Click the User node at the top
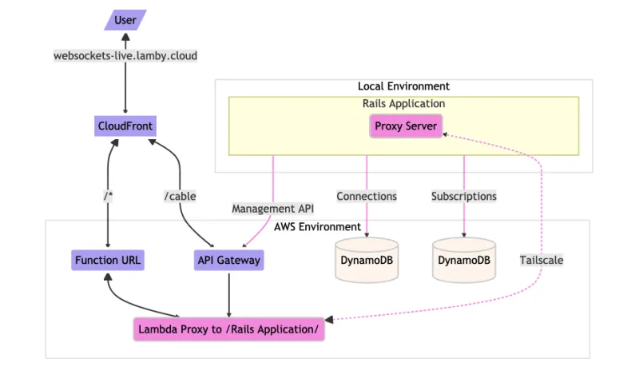point(125,20)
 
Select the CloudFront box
point(125,126)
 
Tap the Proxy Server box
point(406,126)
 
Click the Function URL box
point(108,260)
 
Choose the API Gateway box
point(228,260)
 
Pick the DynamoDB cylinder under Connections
point(366,261)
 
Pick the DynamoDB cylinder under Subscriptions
point(464,261)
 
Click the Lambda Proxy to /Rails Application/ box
point(228,329)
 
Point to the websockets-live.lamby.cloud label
point(125,56)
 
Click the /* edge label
point(108,196)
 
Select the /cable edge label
point(180,196)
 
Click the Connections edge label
point(367,196)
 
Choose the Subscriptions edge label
point(464,196)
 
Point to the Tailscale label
point(542,260)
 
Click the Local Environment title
point(403,86)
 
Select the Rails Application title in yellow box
point(403,104)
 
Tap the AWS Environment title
point(316,227)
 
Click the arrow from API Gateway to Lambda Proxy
point(229,292)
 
